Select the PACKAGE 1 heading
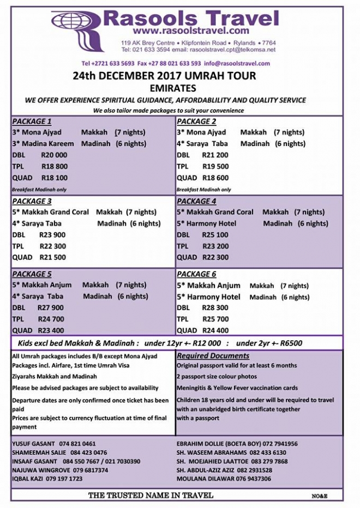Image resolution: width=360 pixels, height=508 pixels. coord(32,121)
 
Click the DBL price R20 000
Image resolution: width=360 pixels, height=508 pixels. coord(54,155)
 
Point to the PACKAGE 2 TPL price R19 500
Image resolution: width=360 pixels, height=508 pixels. coord(215,167)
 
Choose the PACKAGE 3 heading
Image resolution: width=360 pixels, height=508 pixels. coord(32,201)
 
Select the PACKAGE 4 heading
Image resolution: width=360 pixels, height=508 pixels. coord(197,201)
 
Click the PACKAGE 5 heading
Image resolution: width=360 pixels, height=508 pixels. coord(32,274)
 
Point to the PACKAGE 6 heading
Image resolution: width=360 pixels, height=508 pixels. coord(197,274)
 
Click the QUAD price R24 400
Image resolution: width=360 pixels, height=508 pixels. coord(215,330)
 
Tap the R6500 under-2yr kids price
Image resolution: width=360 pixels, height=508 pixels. coord(290,343)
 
